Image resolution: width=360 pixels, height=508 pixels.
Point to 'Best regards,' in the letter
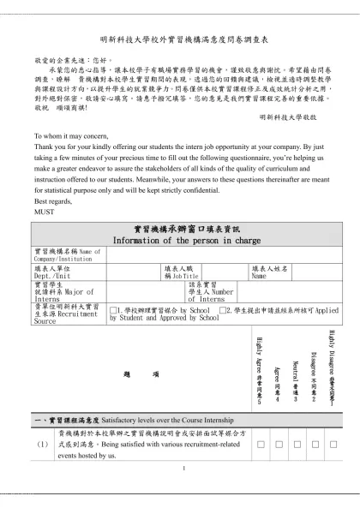[x=53, y=200]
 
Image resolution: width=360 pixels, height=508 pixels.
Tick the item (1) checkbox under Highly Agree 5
[x=258, y=445]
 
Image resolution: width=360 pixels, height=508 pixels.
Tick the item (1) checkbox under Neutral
[x=296, y=445]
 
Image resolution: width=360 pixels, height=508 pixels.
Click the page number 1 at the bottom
[x=183, y=468]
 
